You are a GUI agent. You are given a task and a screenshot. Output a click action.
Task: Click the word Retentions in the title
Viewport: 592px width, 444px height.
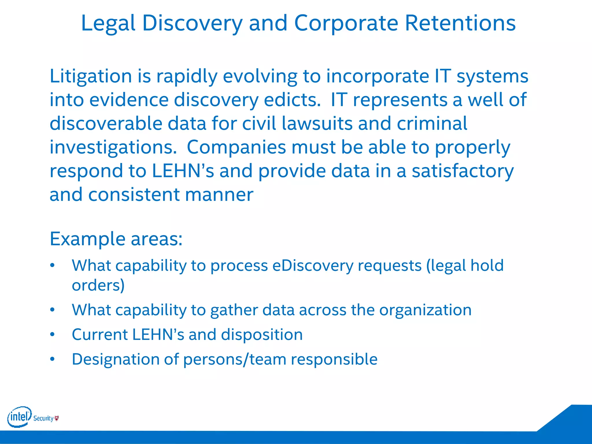[460, 23]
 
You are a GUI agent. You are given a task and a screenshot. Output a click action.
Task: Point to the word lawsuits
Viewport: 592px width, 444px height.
[317, 124]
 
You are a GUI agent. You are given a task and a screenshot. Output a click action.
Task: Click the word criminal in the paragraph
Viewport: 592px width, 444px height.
[432, 124]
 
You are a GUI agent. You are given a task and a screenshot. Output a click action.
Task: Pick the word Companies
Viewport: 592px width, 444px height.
[236, 147]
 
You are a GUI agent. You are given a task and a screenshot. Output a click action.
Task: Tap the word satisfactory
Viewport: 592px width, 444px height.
[462, 171]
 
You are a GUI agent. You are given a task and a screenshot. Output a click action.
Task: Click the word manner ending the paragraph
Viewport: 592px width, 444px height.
[219, 195]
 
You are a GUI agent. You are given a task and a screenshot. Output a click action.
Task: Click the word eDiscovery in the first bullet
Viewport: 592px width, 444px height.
[313, 265]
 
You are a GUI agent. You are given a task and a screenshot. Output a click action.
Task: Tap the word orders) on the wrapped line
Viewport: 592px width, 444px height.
[98, 286]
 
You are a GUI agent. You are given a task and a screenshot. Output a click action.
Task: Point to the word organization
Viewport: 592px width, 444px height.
[425, 310]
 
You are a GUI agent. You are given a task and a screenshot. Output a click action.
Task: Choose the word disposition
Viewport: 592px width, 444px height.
[262, 335]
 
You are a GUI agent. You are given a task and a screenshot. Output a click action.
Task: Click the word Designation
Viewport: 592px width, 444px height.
[115, 359]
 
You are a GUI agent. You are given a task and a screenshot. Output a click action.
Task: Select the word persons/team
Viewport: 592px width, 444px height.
[234, 359]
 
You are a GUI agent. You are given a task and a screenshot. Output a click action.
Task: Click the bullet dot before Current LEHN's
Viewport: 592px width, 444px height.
[52, 335]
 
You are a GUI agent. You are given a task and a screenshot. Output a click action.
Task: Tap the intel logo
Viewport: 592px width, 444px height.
[19, 417]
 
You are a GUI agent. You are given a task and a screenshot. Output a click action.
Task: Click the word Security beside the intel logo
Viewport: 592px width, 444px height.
[43, 418]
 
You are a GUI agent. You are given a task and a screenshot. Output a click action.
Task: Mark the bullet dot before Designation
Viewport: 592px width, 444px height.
[52, 359]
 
